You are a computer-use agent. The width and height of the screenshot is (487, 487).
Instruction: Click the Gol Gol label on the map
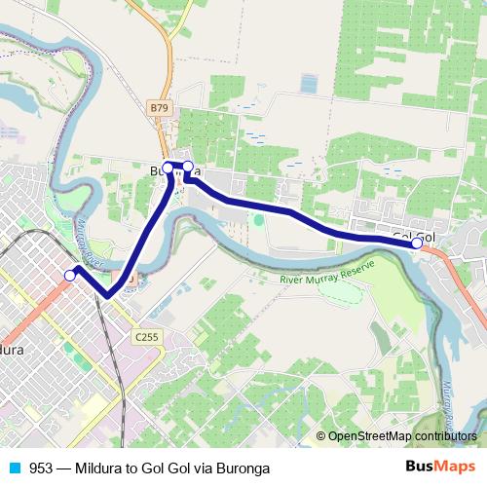[414, 237]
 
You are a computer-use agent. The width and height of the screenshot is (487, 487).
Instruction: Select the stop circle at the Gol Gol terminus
[418, 244]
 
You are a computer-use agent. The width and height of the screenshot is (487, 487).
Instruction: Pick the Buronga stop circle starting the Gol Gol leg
[188, 168]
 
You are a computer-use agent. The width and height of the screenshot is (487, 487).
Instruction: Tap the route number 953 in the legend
[41, 468]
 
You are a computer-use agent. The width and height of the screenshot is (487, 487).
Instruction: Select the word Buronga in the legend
[240, 468]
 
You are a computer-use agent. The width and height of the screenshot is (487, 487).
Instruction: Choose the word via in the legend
[198, 468]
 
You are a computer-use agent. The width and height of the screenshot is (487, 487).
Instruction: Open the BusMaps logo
[439, 467]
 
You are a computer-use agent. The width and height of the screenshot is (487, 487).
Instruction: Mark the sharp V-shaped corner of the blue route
[106, 296]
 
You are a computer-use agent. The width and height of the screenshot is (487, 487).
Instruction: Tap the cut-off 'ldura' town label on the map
[18, 348]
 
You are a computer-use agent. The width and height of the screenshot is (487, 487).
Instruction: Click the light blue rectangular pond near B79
[309, 84]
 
